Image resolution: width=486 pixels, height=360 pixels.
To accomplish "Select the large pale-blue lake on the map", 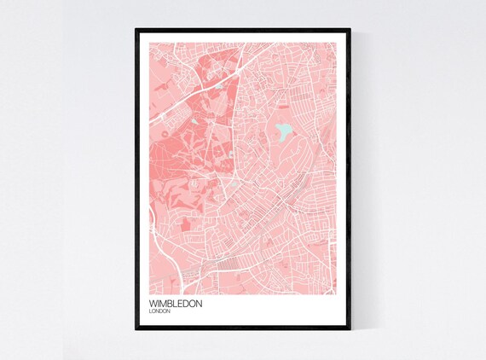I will [x=282, y=131].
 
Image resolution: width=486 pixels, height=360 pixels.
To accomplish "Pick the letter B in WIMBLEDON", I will [x=171, y=303].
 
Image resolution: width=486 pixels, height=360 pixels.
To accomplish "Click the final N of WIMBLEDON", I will [x=199, y=303].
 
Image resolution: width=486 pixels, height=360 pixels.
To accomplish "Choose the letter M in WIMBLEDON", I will [x=163, y=303].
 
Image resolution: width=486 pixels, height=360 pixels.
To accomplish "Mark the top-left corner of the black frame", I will [x=136, y=30].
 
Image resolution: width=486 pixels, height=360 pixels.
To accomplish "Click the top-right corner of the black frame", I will [x=350, y=30].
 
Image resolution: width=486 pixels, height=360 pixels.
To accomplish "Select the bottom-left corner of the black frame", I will [x=136, y=329].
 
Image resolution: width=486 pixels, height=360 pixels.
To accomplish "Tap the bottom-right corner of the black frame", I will [x=350, y=329].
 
